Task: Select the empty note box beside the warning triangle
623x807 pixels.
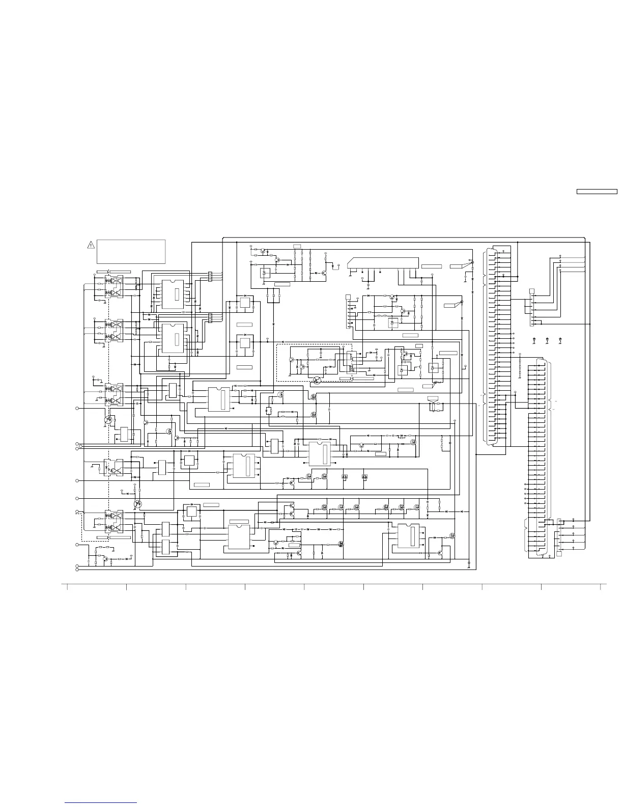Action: (x=131, y=251)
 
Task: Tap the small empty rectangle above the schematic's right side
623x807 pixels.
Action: (x=596, y=192)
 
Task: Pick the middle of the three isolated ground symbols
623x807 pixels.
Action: (x=547, y=339)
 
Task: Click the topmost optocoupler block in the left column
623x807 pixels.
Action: (x=114, y=286)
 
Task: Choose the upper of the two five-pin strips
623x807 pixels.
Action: (x=209, y=277)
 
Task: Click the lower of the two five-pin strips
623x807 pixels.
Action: (x=209, y=318)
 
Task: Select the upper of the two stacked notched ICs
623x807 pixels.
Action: (x=172, y=294)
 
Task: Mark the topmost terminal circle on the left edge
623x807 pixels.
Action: (x=77, y=408)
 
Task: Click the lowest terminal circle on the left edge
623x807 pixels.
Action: (x=77, y=570)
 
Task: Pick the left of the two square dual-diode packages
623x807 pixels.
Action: (x=345, y=477)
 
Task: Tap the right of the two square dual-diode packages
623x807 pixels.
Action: (x=364, y=477)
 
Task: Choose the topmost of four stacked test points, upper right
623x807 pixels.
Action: (x=560, y=255)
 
